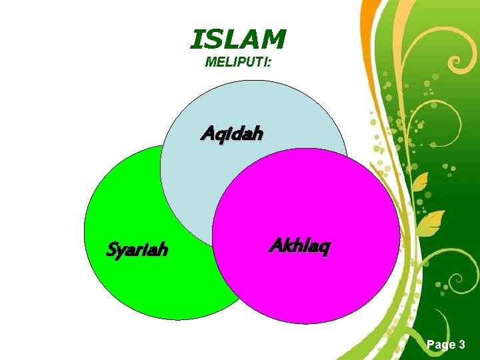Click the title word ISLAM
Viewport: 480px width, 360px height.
tap(238, 41)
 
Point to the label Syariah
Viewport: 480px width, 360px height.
tap(137, 250)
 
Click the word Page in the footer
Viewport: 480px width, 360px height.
tap(439, 344)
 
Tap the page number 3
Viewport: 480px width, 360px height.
tap(461, 344)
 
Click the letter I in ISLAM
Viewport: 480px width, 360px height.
tap(196, 41)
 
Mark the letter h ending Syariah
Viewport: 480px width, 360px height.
tap(163, 250)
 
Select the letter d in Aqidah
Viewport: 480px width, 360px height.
tap(236, 134)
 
